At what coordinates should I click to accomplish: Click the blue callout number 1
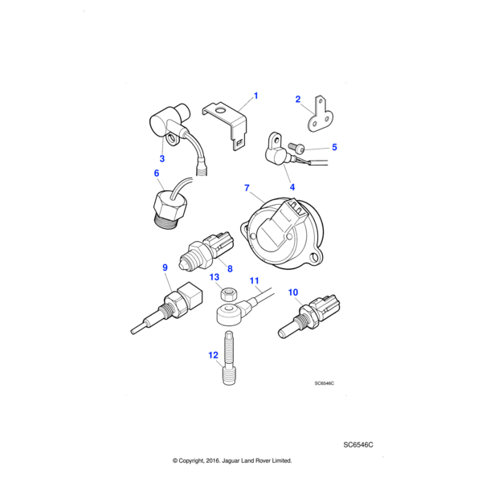[255, 96]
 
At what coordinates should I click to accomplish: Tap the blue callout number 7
[247, 188]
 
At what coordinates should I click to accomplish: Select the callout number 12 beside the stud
[214, 355]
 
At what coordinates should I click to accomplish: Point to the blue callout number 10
[293, 292]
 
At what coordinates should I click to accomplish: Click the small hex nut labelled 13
[229, 294]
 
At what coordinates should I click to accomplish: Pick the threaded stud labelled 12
[229, 357]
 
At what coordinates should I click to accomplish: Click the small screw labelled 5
[296, 148]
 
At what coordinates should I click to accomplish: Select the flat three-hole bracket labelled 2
[321, 115]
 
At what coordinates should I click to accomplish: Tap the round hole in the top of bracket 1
[220, 110]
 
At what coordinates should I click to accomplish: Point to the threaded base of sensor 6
[166, 223]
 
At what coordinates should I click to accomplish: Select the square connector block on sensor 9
[191, 296]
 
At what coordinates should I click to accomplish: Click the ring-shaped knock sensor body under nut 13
[229, 313]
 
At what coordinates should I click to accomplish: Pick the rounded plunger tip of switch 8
[183, 263]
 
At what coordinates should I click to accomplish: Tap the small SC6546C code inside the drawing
[324, 383]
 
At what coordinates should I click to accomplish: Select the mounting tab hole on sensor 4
[277, 141]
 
